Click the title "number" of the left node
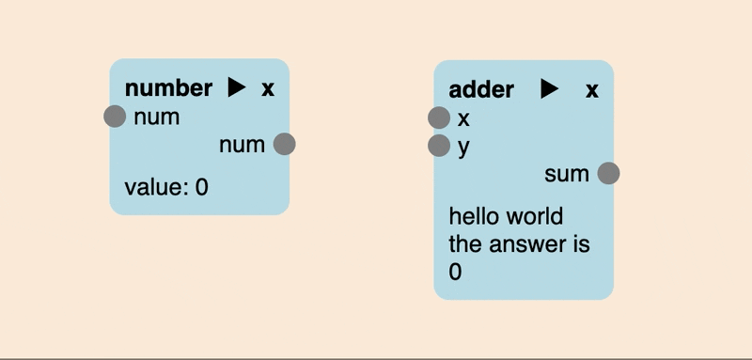pyautogui.click(x=168, y=88)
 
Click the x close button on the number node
pyautogui.click(x=268, y=88)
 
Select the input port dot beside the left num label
pyautogui.click(x=115, y=117)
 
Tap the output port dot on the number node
pyautogui.click(x=284, y=144)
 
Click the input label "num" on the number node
pyautogui.click(x=156, y=117)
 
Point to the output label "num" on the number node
pyautogui.click(x=242, y=145)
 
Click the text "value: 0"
pyautogui.click(x=166, y=187)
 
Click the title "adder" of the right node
pyautogui.click(x=481, y=89)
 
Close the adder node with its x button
pyautogui.click(x=592, y=89)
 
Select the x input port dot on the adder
pyautogui.click(x=439, y=117)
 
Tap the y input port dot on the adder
pyautogui.click(x=439, y=146)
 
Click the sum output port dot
pyautogui.click(x=608, y=173)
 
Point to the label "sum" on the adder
pyautogui.click(x=567, y=174)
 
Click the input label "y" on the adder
pyautogui.click(x=463, y=148)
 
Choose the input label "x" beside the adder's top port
pyautogui.click(x=463, y=118)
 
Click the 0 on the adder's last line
pyautogui.click(x=456, y=273)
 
